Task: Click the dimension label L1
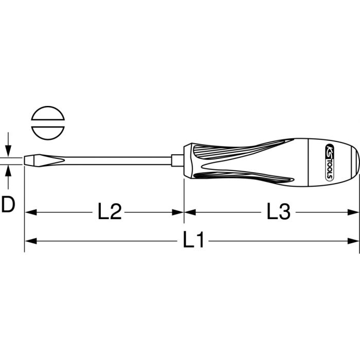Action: [x=193, y=240]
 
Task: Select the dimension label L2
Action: [x=110, y=211]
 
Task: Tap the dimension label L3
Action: [x=279, y=211]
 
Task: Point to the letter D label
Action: [x=8, y=204]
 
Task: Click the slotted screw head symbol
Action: [x=48, y=123]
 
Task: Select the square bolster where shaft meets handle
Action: [x=177, y=160]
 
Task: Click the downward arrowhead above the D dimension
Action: [x=8, y=151]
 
